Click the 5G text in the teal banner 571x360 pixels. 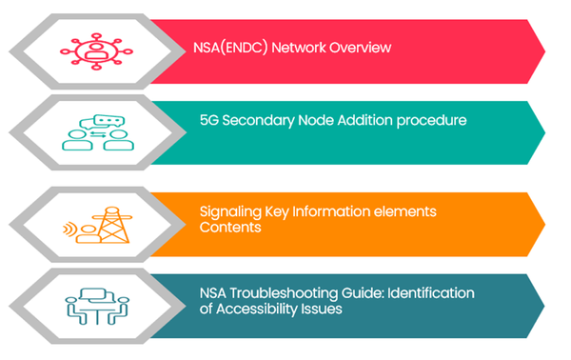coord(207,121)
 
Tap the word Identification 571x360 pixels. coord(437,292)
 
